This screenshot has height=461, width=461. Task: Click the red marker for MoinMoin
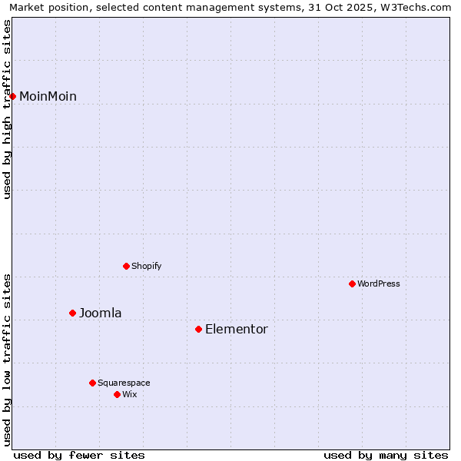pyautogui.click(x=13, y=96)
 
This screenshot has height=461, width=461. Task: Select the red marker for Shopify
pyautogui.click(x=127, y=266)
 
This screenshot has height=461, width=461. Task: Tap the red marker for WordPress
pyautogui.click(x=353, y=284)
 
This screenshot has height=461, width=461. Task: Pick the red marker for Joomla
pyautogui.click(x=73, y=313)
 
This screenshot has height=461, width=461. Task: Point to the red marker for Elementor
pyautogui.click(x=199, y=329)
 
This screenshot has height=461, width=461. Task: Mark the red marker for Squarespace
pyautogui.click(x=93, y=383)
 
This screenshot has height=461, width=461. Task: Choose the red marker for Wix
pyautogui.click(x=118, y=394)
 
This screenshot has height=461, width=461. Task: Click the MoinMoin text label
pyautogui.click(x=48, y=96)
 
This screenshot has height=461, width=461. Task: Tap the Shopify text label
pyautogui.click(x=146, y=266)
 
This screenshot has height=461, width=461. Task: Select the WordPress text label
pyautogui.click(x=379, y=284)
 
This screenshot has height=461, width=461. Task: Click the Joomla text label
pyautogui.click(x=101, y=313)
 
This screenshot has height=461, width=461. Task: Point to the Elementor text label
pyautogui.click(x=237, y=329)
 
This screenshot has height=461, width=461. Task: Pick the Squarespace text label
pyautogui.click(x=124, y=383)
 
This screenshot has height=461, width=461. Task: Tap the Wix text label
pyautogui.click(x=130, y=394)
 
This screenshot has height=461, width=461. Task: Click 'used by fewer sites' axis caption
pyautogui.click(x=79, y=455)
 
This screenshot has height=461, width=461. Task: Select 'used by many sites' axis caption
pyautogui.click(x=386, y=455)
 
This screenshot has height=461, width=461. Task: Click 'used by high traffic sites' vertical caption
pyautogui.click(x=7, y=109)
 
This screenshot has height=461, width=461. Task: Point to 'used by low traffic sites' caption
pyautogui.click(x=7, y=359)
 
